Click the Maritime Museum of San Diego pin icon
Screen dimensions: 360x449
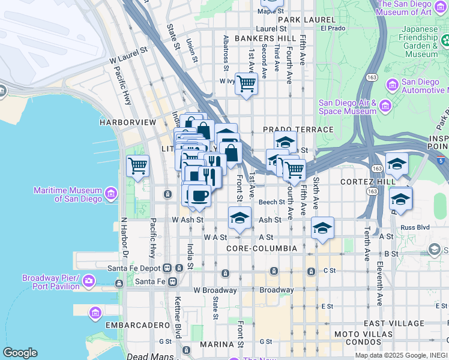[x=110, y=194]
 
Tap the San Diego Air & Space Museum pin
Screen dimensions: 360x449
[x=385, y=107]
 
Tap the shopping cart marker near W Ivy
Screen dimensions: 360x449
[x=246, y=83]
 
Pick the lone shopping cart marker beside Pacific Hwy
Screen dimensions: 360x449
[x=137, y=165]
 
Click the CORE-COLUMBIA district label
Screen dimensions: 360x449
[x=262, y=248]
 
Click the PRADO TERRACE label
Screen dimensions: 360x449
[x=298, y=130]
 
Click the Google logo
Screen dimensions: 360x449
[x=20, y=353]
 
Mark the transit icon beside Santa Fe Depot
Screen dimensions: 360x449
[x=167, y=268]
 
